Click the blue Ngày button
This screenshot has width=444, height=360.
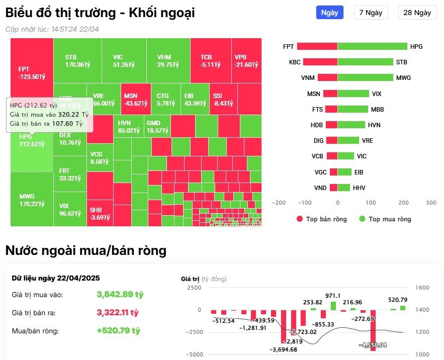[329, 13]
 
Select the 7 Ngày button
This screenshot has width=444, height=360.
[371, 13]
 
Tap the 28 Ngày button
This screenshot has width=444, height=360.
[417, 13]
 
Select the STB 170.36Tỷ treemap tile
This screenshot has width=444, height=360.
[77, 60]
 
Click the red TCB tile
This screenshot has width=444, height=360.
[210, 60]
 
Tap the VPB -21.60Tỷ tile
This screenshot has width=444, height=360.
[246, 60]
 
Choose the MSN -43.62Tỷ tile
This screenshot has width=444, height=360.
[135, 99]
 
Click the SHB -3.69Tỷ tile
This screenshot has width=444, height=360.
[100, 213]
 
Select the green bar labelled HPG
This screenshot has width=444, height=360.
[372, 47]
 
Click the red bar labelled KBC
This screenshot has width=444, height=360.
[320, 62]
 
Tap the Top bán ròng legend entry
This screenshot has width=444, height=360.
[322, 219]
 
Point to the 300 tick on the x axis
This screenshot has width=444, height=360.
[430, 203]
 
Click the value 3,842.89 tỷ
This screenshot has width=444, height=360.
[120, 295]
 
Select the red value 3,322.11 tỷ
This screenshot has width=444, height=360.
[117, 313]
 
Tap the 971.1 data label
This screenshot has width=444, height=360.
[333, 296]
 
